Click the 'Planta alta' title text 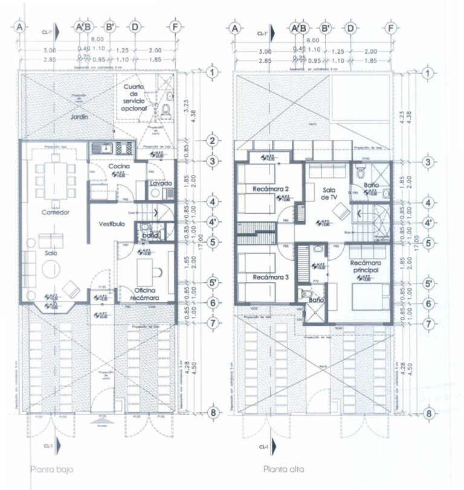(284, 468)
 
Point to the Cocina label (120, 166)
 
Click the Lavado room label (161, 183)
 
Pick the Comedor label (56, 212)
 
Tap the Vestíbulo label (112, 223)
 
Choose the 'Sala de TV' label (329, 193)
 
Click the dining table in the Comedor (56, 179)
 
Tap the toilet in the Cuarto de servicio (166, 112)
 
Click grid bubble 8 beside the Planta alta (428, 413)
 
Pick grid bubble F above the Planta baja (175, 27)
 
